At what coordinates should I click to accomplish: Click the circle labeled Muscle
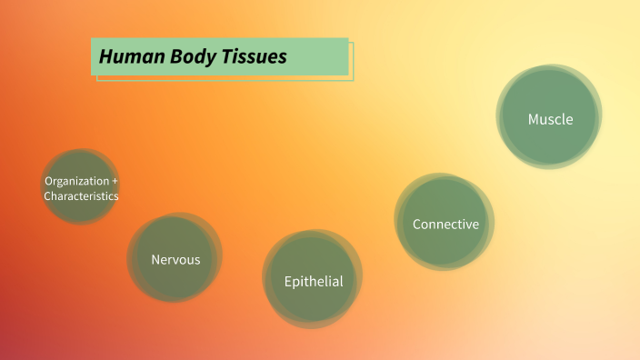(x=549, y=117)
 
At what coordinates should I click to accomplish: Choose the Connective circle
(x=445, y=222)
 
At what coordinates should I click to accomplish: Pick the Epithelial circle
(x=313, y=279)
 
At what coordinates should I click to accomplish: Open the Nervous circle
(x=175, y=258)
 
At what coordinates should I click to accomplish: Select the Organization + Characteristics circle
(x=81, y=187)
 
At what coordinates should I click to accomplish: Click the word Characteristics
(x=81, y=195)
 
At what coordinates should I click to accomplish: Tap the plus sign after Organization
(x=115, y=181)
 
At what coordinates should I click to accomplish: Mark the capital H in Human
(x=105, y=56)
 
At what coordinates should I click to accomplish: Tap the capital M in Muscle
(x=534, y=119)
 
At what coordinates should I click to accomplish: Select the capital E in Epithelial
(x=288, y=281)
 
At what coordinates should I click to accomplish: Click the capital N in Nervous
(x=155, y=259)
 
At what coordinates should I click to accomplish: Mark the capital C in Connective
(x=417, y=224)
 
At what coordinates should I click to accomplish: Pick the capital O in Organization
(x=48, y=181)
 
